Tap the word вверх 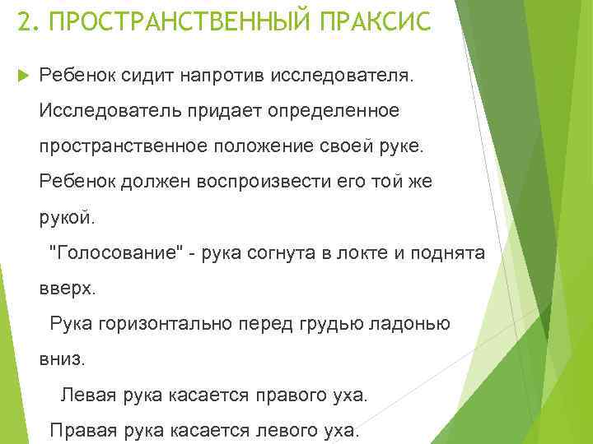point(68,289)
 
